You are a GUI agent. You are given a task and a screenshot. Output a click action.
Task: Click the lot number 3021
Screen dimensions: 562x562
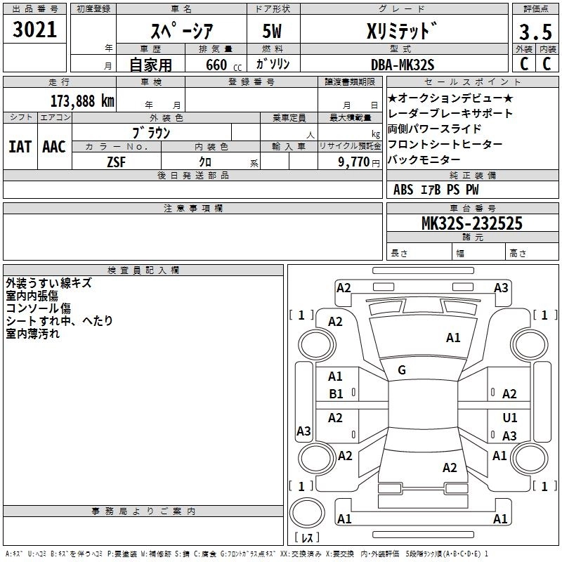point(34,30)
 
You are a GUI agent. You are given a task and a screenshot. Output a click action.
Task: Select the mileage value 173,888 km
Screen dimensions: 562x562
point(82,100)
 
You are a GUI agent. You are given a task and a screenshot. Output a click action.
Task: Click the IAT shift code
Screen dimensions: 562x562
point(20,147)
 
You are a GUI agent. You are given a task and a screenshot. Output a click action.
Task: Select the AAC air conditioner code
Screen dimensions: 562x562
point(54,147)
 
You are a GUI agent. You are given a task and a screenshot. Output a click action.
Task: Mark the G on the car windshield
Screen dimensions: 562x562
point(402,370)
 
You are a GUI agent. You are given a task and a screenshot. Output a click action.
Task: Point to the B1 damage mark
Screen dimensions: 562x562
point(336,394)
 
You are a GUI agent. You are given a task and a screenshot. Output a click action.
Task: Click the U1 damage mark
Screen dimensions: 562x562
point(510,418)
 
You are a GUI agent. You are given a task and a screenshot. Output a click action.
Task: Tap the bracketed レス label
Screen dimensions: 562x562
point(306,538)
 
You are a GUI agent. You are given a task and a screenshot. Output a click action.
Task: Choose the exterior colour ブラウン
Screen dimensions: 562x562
point(152,131)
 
